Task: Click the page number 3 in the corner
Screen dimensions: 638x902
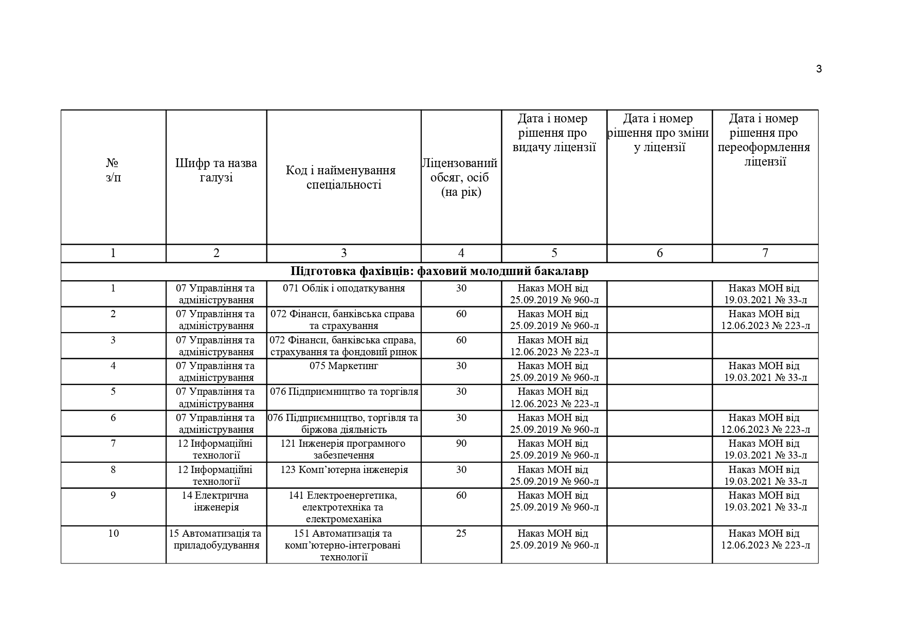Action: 819,69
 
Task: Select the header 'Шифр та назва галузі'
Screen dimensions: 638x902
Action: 216,170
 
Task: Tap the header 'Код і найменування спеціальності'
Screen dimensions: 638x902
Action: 344,177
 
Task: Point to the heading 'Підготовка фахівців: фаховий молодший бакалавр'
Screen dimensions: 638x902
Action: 439,271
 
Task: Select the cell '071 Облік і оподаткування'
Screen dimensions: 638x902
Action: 344,288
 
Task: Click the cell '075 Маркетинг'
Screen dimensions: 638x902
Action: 344,366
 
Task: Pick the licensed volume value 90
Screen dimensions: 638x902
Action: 461,444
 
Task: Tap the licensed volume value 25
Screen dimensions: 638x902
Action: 461,534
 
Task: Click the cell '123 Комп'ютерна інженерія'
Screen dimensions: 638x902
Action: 344,470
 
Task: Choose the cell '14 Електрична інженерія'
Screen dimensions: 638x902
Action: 216,501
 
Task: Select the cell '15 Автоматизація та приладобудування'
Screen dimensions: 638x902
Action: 216,539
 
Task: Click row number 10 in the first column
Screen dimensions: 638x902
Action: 113,534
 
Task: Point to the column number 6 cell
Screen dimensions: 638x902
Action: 659,253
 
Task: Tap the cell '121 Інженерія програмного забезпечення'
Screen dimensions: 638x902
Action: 344,449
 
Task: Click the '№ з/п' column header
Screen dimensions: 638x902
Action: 113,170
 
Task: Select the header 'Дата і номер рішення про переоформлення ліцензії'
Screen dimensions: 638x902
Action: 765,140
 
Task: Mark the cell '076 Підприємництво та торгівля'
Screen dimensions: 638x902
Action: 344,392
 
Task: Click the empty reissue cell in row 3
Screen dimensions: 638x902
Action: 765,345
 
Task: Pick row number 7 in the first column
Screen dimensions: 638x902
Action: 113,444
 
